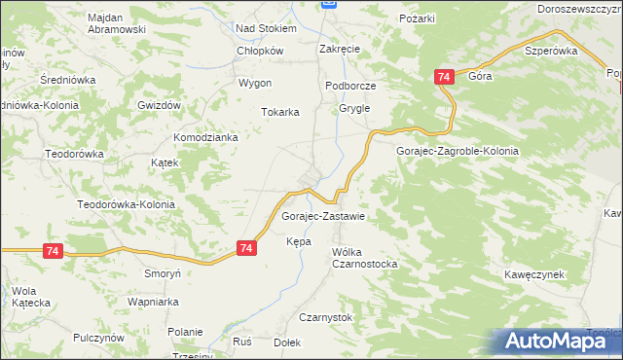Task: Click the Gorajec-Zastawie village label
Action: [x=323, y=216]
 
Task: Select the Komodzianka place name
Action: [x=206, y=138]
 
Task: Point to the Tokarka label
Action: [x=279, y=112]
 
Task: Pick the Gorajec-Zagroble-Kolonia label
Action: [x=458, y=152]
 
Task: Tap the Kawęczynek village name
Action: [x=535, y=275]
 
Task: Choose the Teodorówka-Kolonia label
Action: [x=126, y=205]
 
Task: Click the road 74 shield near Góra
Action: [x=444, y=77]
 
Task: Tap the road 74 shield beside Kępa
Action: [x=247, y=249]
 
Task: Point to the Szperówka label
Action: [x=551, y=51]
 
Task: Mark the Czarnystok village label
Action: [x=332, y=317]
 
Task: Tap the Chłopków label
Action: [x=260, y=52]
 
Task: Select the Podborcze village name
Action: [x=350, y=86]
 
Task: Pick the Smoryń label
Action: [x=163, y=274]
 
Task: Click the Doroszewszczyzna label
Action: [x=579, y=8]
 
